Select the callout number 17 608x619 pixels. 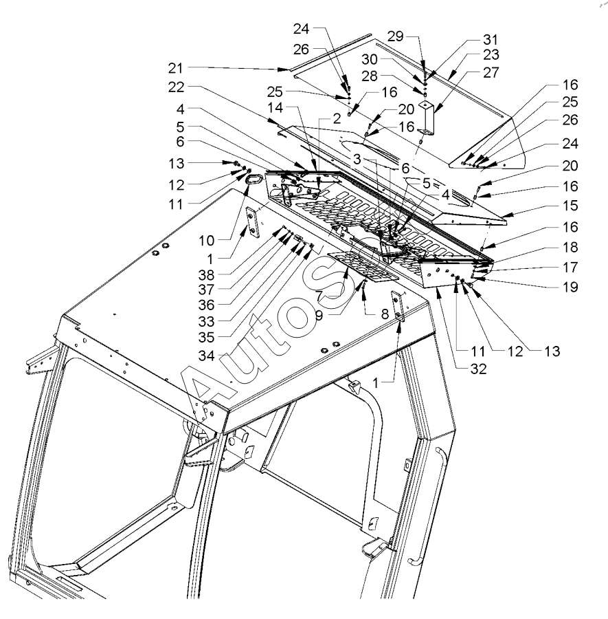point(570,267)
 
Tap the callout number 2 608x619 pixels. point(337,118)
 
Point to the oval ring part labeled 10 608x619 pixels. point(251,181)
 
